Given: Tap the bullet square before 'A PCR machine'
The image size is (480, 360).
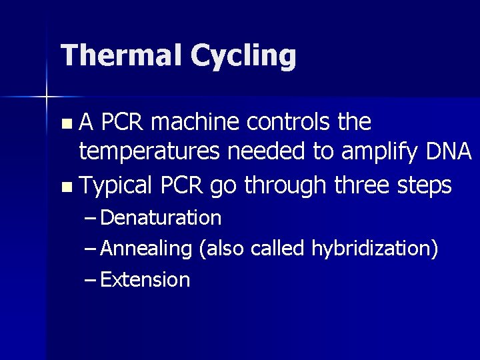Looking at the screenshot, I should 65,124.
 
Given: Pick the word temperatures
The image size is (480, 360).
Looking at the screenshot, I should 149,153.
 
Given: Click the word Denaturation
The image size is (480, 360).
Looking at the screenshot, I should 161,217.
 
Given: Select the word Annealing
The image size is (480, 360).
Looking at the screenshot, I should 147,249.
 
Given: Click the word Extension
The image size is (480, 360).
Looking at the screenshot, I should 145,279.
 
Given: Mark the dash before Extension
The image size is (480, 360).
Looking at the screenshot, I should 91,279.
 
